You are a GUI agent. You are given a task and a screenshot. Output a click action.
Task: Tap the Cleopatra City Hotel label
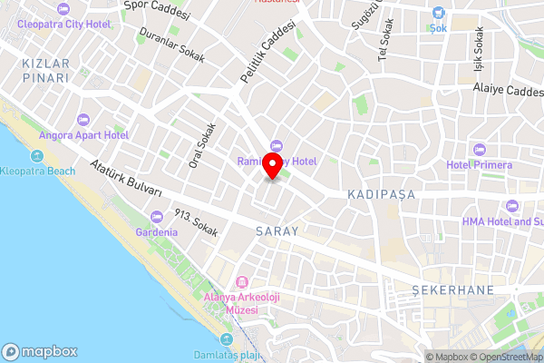62,24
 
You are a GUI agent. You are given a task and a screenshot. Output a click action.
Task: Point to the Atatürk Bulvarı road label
126,179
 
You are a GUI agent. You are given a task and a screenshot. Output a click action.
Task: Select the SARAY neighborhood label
277,231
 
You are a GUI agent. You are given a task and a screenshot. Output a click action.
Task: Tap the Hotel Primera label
479,165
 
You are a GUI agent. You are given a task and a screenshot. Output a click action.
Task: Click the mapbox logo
41,352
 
